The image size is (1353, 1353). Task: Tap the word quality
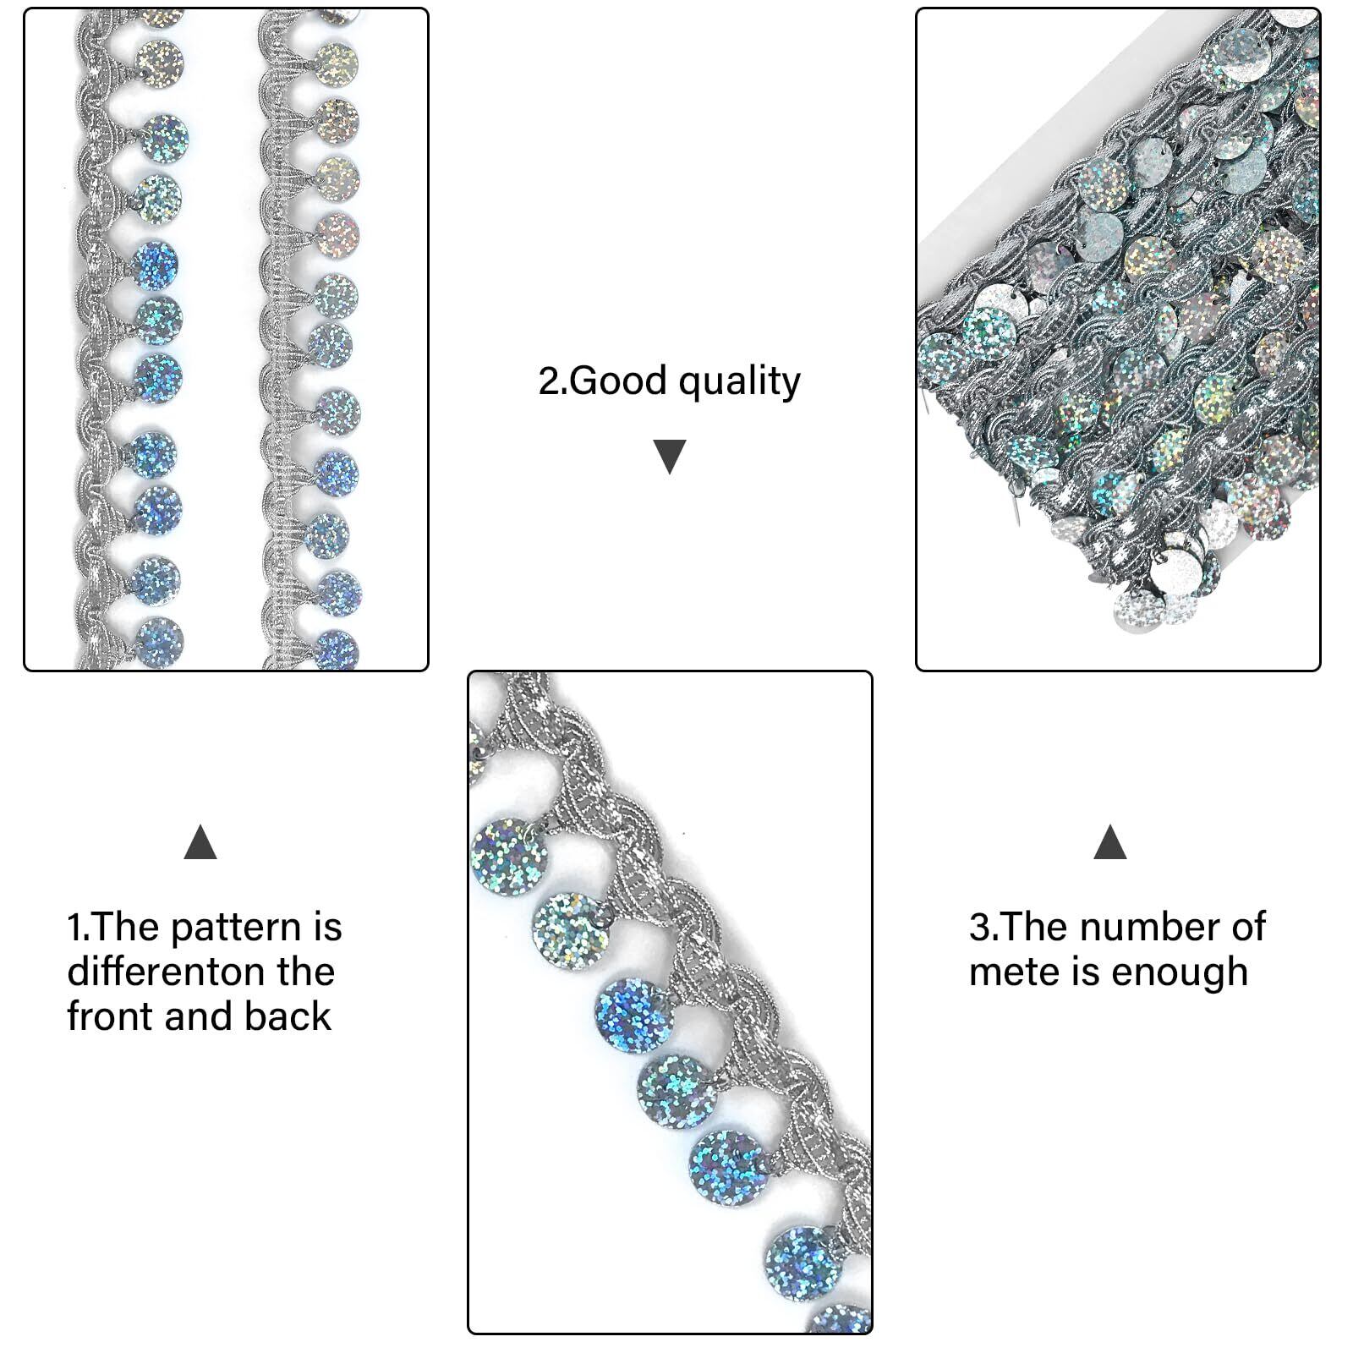(739, 383)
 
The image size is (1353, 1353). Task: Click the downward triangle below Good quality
(670, 457)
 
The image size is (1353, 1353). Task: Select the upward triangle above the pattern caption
(200, 843)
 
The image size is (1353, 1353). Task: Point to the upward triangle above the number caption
(1109, 843)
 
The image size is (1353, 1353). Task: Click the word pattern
(235, 928)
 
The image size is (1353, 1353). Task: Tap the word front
(111, 1016)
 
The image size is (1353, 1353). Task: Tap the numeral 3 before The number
(979, 927)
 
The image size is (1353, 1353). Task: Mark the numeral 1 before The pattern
(74, 928)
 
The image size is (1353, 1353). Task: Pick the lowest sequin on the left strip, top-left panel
(158, 642)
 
